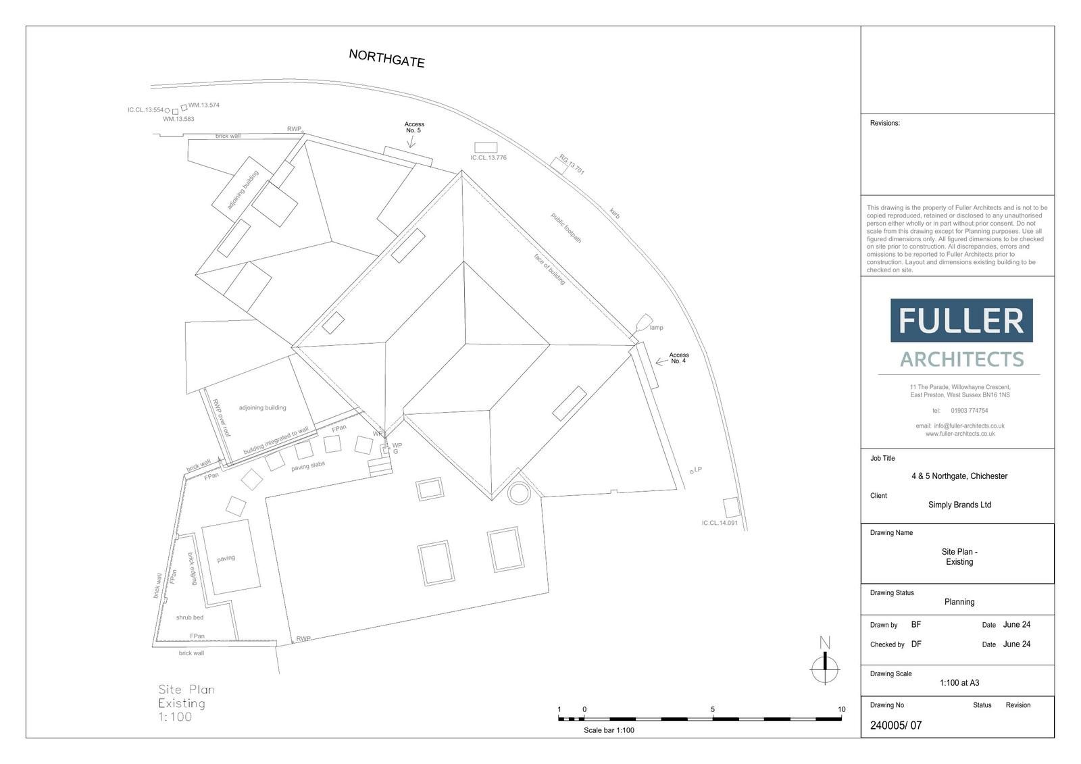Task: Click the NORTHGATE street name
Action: click(x=386, y=58)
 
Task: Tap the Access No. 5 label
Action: click(x=414, y=128)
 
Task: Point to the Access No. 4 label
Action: click(x=678, y=357)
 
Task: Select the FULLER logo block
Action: click(x=961, y=320)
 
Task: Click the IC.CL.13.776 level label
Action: click(x=488, y=158)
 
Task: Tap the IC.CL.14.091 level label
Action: click(x=720, y=523)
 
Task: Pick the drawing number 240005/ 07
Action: click(x=896, y=725)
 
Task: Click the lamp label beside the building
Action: click(x=656, y=327)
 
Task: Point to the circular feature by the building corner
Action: click(x=519, y=493)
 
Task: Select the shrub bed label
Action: click(x=190, y=617)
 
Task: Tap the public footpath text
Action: click(x=566, y=228)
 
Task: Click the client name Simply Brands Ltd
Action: click(x=959, y=505)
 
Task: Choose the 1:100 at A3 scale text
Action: click(x=959, y=683)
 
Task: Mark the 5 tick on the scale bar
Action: click(x=712, y=709)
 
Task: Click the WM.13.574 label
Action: click(x=203, y=105)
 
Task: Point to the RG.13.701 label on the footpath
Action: click(x=572, y=165)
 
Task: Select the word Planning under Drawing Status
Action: click(x=959, y=602)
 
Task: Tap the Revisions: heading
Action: click(x=884, y=123)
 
